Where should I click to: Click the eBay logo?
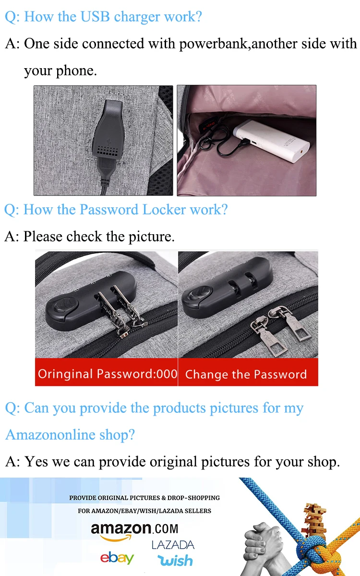click(117, 558)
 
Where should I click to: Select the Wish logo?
click(175, 560)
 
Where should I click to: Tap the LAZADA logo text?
click(173, 545)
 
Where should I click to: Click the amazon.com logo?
click(134, 531)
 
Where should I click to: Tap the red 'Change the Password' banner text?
click(246, 374)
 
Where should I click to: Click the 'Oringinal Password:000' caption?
click(108, 374)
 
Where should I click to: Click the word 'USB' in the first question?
click(95, 16)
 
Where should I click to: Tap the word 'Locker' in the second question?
click(164, 209)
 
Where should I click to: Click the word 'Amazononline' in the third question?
click(50, 434)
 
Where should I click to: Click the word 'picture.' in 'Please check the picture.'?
click(152, 237)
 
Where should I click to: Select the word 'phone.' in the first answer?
click(76, 71)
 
